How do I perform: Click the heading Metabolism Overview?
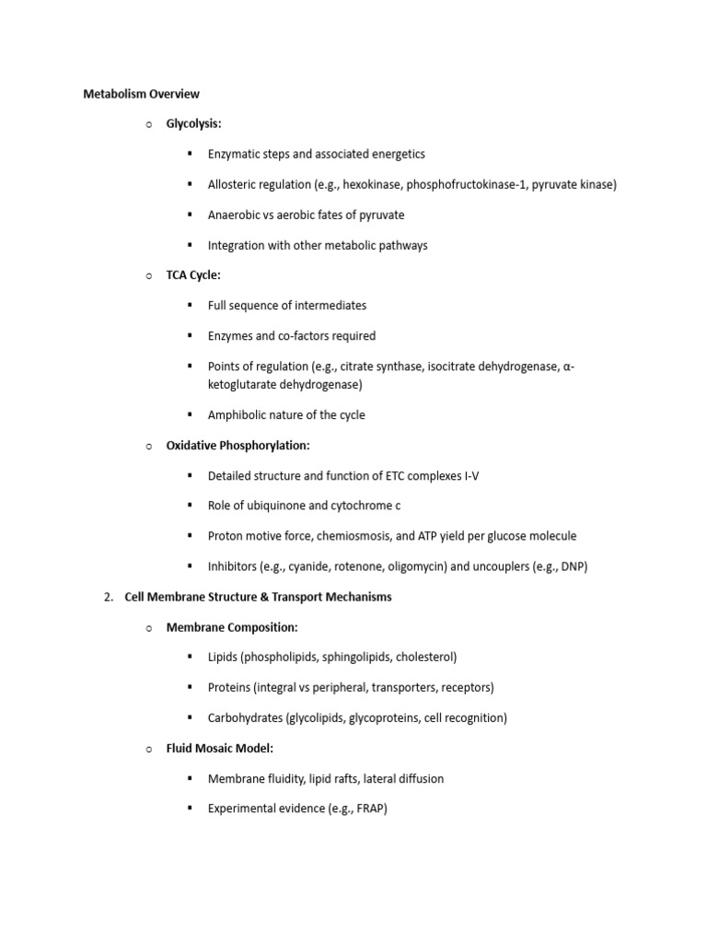[141, 94]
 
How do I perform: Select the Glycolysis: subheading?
[193, 123]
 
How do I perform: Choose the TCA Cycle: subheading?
[193, 275]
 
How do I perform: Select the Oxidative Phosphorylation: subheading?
[238, 445]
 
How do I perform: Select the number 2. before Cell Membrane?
[108, 597]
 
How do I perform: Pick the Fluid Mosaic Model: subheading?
[219, 749]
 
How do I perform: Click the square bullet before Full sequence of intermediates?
[190, 305]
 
